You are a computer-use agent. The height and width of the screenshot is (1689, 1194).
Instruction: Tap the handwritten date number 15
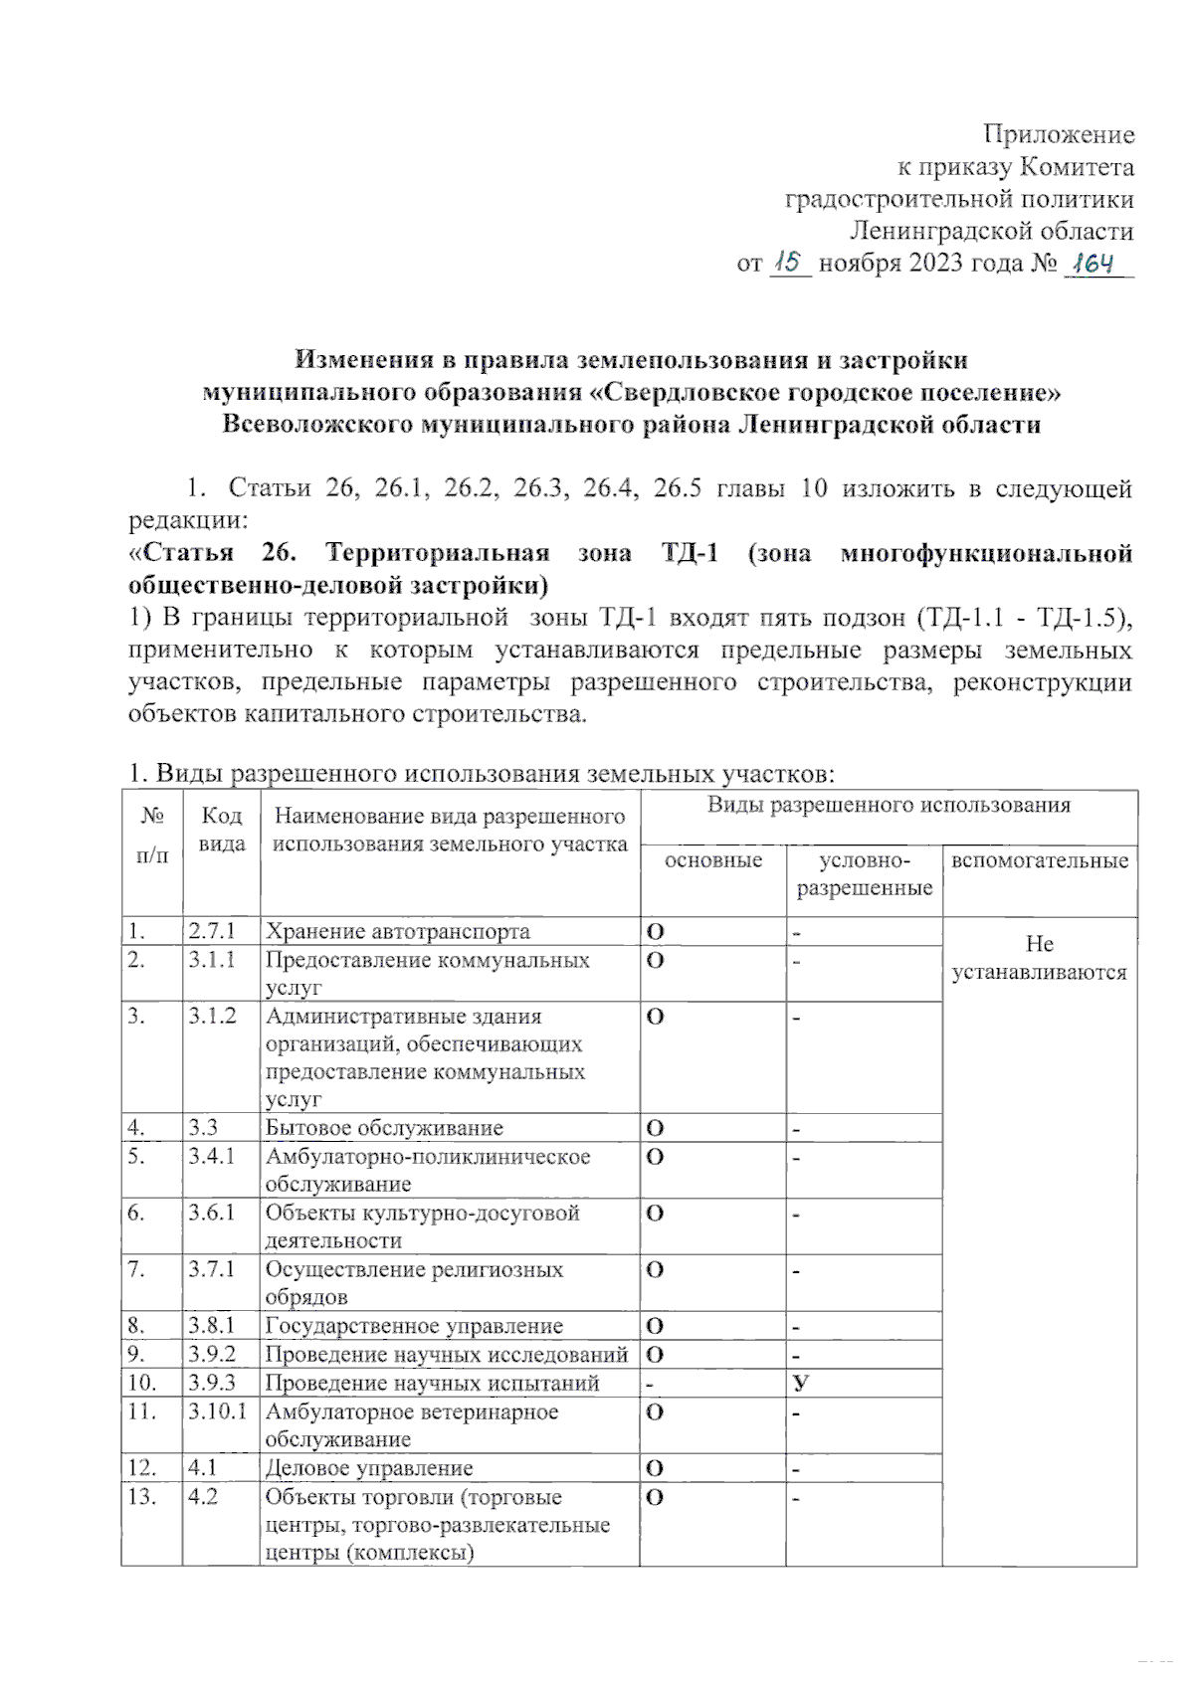tap(790, 263)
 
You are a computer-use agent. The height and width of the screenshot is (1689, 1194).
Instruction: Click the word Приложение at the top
tap(1059, 134)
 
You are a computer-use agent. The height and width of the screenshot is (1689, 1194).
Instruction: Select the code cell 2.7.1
tap(211, 931)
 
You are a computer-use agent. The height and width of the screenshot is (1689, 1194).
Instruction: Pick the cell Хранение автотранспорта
tap(397, 932)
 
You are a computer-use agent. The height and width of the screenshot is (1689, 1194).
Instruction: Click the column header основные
tap(712, 860)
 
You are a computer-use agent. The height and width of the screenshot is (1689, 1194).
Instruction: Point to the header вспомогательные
tap(1040, 860)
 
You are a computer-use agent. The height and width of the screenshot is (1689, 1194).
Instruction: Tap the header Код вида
tap(221, 830)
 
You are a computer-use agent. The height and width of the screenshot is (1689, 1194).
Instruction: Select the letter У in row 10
tap(800, 1384)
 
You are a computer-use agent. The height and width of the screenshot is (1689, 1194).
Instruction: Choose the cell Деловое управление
tap(369, 1468)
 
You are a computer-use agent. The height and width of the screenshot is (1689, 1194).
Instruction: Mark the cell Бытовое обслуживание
tap(384, 1128)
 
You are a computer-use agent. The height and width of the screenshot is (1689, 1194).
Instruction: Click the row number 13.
tap(142, 1497)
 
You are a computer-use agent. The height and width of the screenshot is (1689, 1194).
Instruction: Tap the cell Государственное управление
tap(413, 1326)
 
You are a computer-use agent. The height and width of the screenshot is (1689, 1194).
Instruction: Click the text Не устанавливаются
tap(1039, 958)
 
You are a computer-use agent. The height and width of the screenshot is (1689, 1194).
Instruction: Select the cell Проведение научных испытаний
tap(432, 1384)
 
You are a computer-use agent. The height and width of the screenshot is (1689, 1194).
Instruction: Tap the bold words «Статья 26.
tap(213, 553)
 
